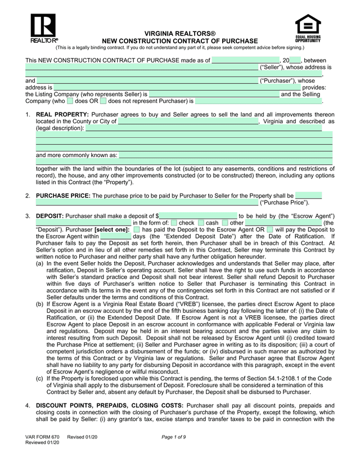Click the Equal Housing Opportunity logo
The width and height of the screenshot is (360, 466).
[x=308, y=28]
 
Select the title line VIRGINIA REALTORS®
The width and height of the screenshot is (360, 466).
[x=180, y=34]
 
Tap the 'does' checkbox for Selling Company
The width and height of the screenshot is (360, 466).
[x=70, y=101]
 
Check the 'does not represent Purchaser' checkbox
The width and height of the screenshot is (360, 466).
[x=103, y=101]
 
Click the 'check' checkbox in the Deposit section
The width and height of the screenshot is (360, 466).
[x=174, y=223]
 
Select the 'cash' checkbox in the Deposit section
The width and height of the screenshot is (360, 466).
[x=201, y=223]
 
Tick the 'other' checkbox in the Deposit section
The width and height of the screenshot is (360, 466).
[x=225, y=223]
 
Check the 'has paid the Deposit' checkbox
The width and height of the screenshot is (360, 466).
[x=137, y=230]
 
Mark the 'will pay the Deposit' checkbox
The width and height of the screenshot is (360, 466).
[x=270, y=230]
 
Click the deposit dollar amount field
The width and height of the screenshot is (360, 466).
[x=197, y=216]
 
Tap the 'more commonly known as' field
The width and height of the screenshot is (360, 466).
[x=225, y=155]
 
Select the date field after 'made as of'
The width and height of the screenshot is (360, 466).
[x=245, y=60]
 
